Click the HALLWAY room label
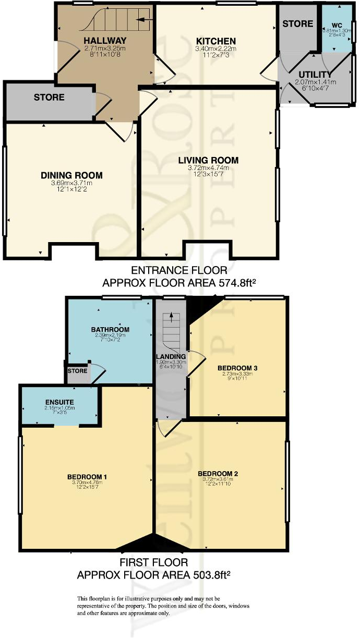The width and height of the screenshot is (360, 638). [105, 40]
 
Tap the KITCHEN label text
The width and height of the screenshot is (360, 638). [215, 41]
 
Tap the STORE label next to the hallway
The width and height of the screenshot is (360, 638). [49, 97]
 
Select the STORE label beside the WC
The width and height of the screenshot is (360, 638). [298, 23]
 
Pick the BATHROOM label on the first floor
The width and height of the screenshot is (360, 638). [110, 330]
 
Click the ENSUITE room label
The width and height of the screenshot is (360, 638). [58, 402]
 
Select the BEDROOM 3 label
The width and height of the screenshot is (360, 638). [237, 368]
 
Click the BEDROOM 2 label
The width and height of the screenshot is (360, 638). [218, 473]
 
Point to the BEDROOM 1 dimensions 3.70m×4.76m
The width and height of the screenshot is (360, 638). [87, 483]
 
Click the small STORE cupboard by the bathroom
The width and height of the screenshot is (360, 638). [77, 371]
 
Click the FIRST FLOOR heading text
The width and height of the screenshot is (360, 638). [153, 563]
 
